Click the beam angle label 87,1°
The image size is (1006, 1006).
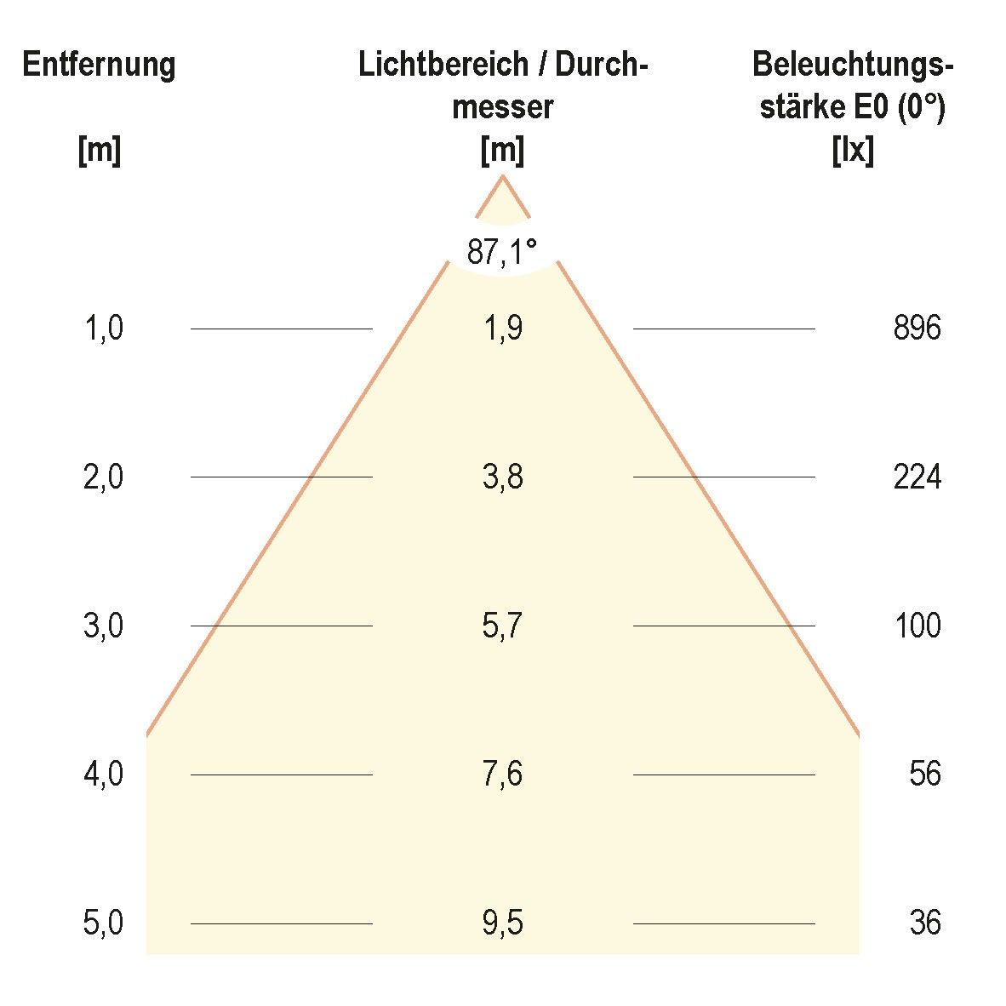coord(502,252)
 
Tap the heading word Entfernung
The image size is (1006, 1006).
coord(99,65)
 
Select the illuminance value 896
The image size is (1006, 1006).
coord(917,329)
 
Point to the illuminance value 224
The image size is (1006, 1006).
coord(917,477)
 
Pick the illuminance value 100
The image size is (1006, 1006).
coord(917,626)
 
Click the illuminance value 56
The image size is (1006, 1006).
coord(924,775)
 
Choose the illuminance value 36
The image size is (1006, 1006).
coord(924,923)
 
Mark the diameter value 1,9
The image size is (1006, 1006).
coord(502,329)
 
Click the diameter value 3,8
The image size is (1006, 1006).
coord(502,477)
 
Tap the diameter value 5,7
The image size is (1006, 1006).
coord(502,626)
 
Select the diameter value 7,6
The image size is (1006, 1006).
coord(502,775)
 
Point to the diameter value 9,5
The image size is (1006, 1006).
coord(502,923)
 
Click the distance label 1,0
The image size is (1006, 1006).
coord(104,329)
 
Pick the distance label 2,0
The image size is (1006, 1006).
coord(104,477)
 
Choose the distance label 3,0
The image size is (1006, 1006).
coord(104,626)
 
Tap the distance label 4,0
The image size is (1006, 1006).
coord(104,775)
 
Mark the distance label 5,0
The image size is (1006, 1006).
coord(104,923)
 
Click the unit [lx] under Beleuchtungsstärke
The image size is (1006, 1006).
coord(852,151)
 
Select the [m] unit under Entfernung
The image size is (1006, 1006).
coord(99,151)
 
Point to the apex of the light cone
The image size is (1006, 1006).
coord(502,176)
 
